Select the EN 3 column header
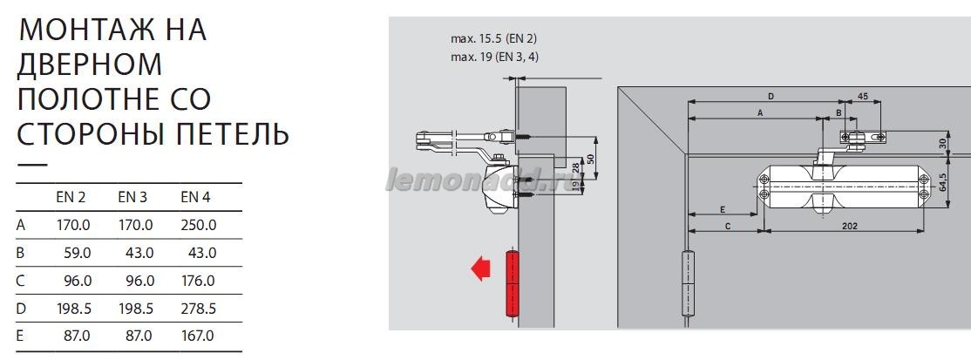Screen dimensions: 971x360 pos(132,198)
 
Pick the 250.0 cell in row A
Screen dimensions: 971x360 pos(198,225)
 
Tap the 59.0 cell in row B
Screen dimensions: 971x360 pos(78,253)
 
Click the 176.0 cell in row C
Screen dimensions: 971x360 pos(198,281)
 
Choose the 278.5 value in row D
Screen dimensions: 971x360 pos(198,309)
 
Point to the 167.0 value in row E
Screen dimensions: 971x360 pos(198,336)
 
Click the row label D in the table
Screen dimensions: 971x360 pos(20,309)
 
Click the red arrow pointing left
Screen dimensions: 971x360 pos(480,269)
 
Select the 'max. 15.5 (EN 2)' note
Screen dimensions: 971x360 pos(493,38)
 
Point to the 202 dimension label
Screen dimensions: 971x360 pos(850,226)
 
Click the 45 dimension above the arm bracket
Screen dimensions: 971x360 pos(862,96)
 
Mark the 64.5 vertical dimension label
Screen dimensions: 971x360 pos(942,181)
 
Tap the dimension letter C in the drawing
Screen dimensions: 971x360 pos(728,226)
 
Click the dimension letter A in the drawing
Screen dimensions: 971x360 pos(759,112)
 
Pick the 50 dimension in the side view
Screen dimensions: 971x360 pos(590,158)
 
